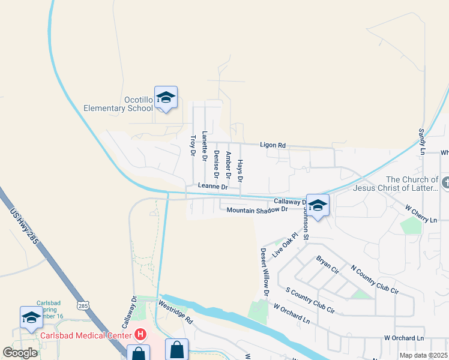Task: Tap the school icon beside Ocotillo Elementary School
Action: point(166,98)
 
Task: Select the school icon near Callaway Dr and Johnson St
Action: point(318,205)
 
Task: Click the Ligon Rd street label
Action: point(273,145)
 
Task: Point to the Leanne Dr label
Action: point(213,187)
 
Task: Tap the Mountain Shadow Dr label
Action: point(258,209)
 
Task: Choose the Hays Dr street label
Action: point(240,171)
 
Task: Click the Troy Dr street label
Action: point(193,146)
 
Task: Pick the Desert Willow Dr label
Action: point(264,272)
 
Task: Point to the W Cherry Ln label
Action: point(420,213)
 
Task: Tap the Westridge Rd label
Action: point(175,312)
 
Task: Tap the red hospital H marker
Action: point(140,334)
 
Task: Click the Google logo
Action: point(20,353)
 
